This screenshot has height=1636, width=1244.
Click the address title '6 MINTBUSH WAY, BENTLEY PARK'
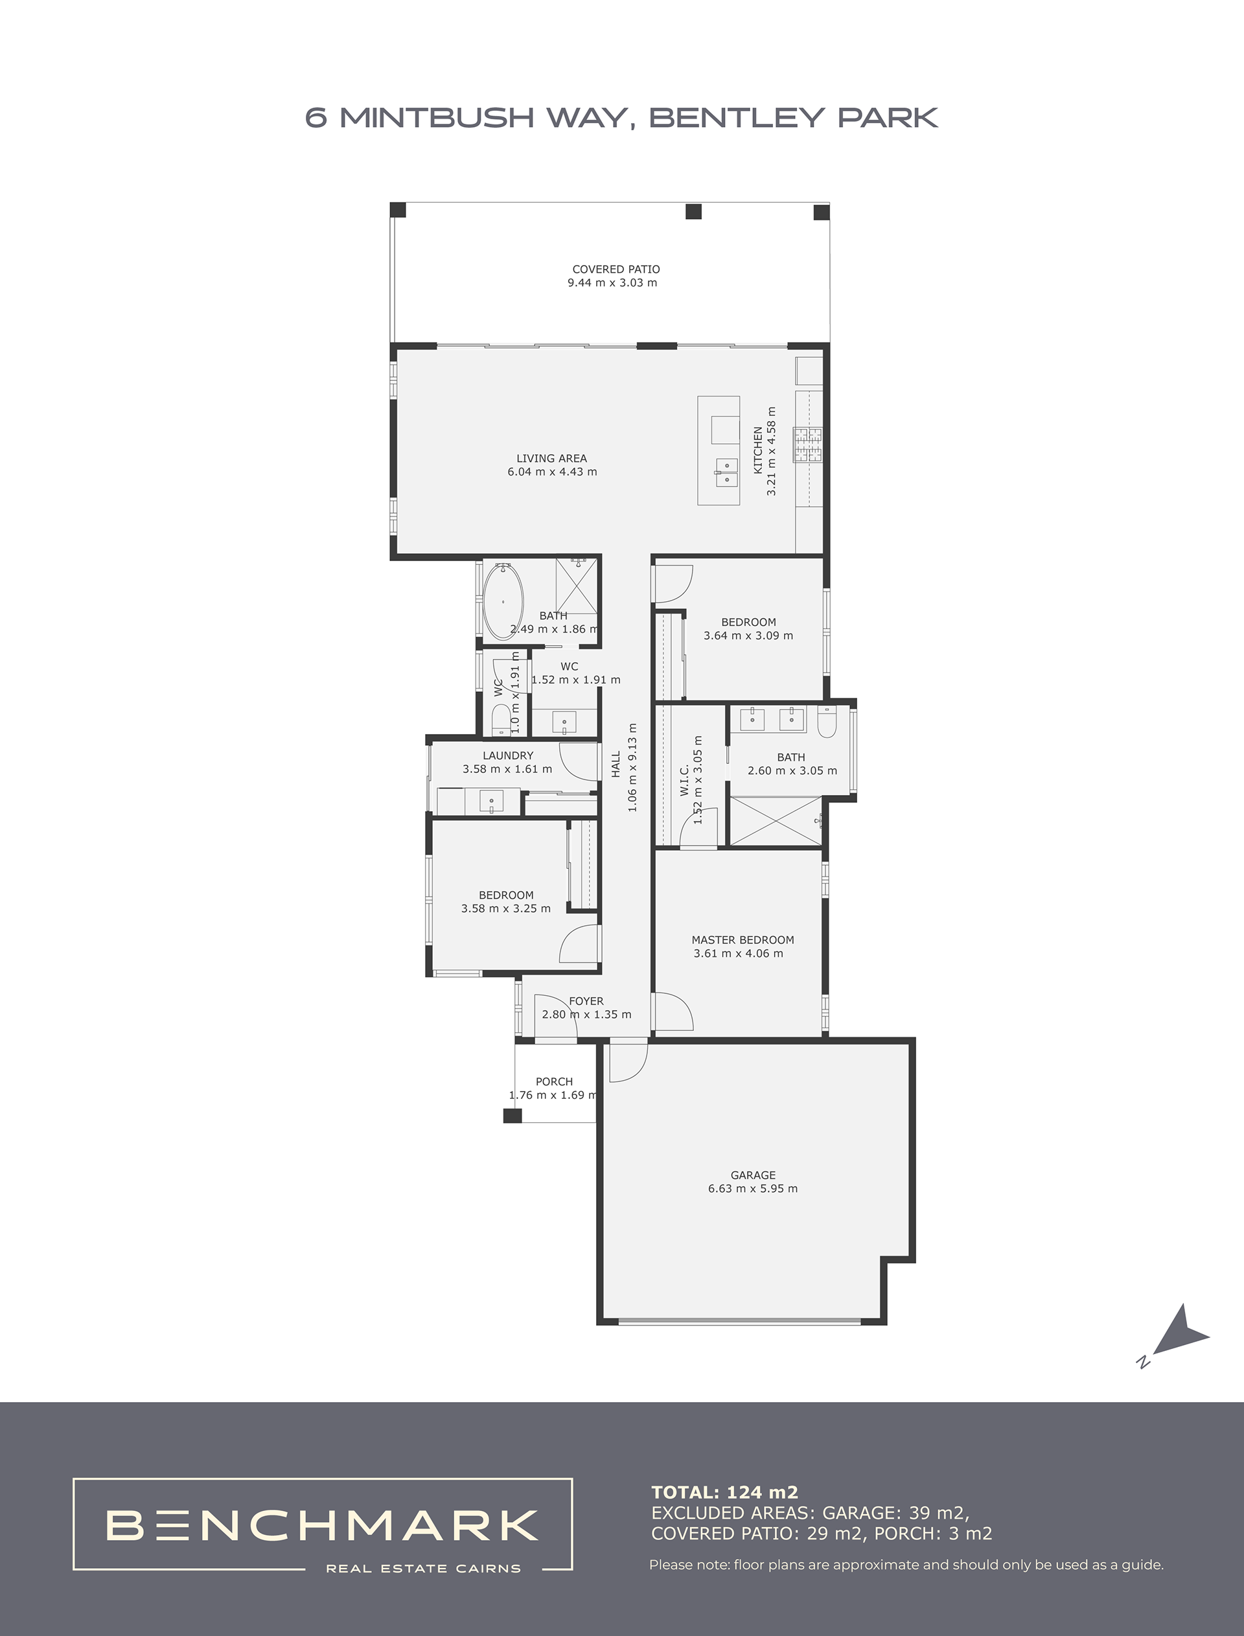click(622, 118)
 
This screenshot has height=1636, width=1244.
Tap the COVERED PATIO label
click(616, 270)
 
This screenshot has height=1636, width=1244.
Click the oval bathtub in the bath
click(503, 602)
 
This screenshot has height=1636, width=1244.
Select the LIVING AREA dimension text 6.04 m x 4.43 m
click(553, 472)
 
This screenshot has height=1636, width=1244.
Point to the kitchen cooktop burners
click(808, 445)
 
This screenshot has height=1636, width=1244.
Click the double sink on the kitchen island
click(726, 472)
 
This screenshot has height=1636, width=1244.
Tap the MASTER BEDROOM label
click(743, 940)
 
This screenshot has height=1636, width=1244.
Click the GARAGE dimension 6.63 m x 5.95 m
click(753, 1189)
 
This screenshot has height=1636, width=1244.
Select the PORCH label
click(555, 1081)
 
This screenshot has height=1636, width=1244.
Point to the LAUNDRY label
click(508, 756)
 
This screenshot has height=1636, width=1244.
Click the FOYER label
click(586, 1002)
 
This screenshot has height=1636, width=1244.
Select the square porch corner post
click(513, 1116)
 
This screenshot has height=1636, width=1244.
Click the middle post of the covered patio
click(693, 212)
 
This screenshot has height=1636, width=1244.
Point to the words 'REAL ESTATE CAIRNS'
click(424, 1568)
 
